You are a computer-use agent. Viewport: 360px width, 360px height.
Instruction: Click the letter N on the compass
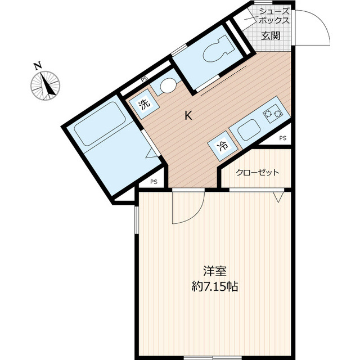pyautogui.click(x=38, y=66)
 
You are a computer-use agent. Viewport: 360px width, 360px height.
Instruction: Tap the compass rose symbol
pyautogui.click(x=45, y=85)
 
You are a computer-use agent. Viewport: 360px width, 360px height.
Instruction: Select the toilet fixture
pyautogui.click(x=218, y=49)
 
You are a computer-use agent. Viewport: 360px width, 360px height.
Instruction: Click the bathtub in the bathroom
pyautogui.click(x=100, y=124)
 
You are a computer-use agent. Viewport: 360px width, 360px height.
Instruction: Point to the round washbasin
pyautogui.click(x=168, y=85)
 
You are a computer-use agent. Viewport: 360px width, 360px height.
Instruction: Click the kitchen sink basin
pyautogui.click(x=249, y=130)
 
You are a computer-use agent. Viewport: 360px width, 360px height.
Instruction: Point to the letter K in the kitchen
pyautogui.click(x=188, y=115)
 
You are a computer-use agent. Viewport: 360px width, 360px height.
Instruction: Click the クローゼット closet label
pyautogui.click(x=258, y=172)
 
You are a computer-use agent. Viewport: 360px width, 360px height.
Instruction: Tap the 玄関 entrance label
pyautogui.click(x=271, y=36)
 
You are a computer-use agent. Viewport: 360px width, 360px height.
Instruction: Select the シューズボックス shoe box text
pyautogui.click(x=274, y=16)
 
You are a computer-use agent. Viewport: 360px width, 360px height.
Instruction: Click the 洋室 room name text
pyautogui.click(x=215, y=271)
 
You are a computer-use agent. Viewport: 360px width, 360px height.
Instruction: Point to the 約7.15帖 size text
pyautogui.click(x=215, y=286)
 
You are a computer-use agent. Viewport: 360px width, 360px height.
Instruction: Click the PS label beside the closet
pyautogui.click(x=283, y=138)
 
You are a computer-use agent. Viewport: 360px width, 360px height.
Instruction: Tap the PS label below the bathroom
pyautogui.click(x=154, y=182)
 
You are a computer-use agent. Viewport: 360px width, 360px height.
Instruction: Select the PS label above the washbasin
pyautogui.click(x=145, y=79)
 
